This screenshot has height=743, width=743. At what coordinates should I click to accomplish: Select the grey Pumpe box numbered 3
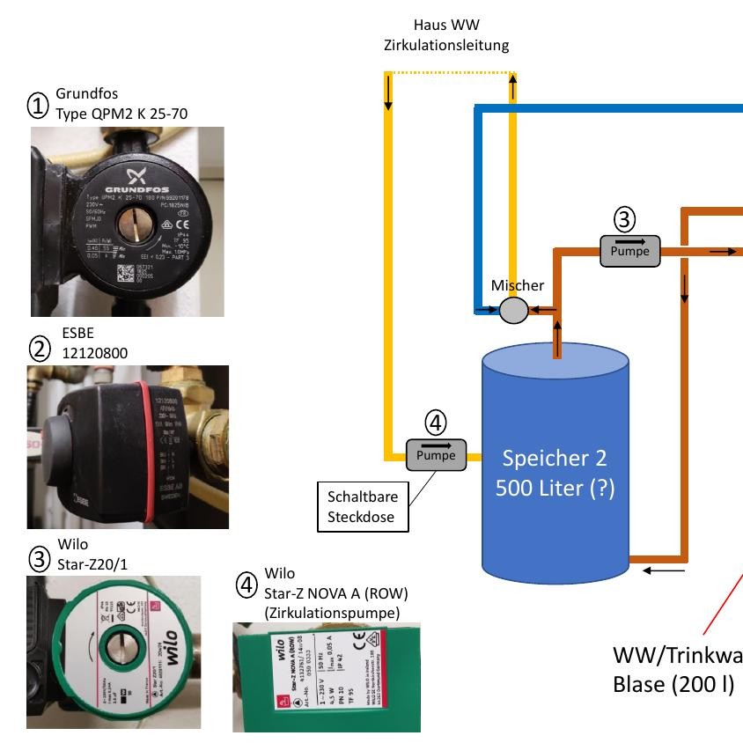(629, 249)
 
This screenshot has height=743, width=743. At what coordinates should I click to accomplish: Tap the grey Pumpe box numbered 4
(436, 454)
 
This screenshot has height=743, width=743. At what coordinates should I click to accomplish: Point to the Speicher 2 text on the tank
(555, 459)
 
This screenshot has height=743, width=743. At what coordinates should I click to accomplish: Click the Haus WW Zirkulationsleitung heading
(446, 35)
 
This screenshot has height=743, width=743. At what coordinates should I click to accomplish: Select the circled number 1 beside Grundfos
(38, 106)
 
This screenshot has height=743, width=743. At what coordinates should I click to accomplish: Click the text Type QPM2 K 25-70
(121, 114)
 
